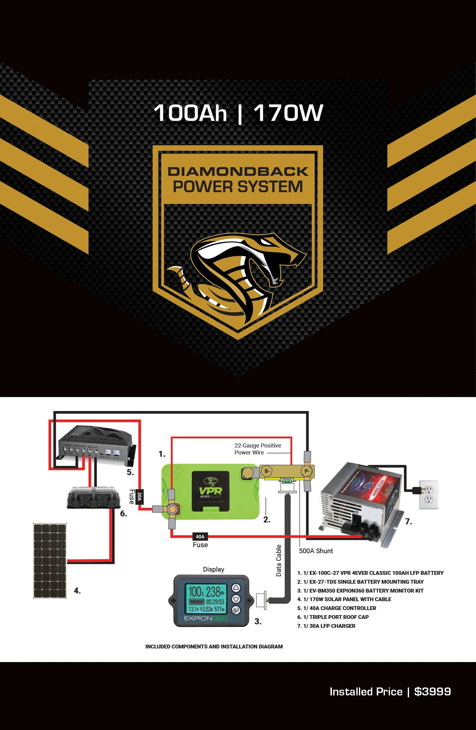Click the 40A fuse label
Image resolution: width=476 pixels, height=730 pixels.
[200, 536]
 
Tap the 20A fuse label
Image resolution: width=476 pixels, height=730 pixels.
[139, 496]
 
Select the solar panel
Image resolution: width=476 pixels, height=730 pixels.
[50, 561]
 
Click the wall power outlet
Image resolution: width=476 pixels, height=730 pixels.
[429, 494]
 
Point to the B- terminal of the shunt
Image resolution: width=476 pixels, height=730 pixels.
[267, 471]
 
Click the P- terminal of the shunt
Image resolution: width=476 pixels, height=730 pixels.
[307, 471]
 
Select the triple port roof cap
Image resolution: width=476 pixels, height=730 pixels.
[94, 497]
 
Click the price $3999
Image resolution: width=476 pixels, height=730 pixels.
[433, 692]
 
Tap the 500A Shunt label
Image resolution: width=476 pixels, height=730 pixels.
[316, 551]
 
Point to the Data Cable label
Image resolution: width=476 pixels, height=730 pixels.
[279, 560]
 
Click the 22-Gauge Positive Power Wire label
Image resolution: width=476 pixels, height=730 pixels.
[258, 449]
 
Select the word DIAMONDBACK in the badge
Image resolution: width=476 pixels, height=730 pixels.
[238, 171]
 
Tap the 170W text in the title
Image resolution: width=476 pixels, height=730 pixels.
[288, 113]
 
